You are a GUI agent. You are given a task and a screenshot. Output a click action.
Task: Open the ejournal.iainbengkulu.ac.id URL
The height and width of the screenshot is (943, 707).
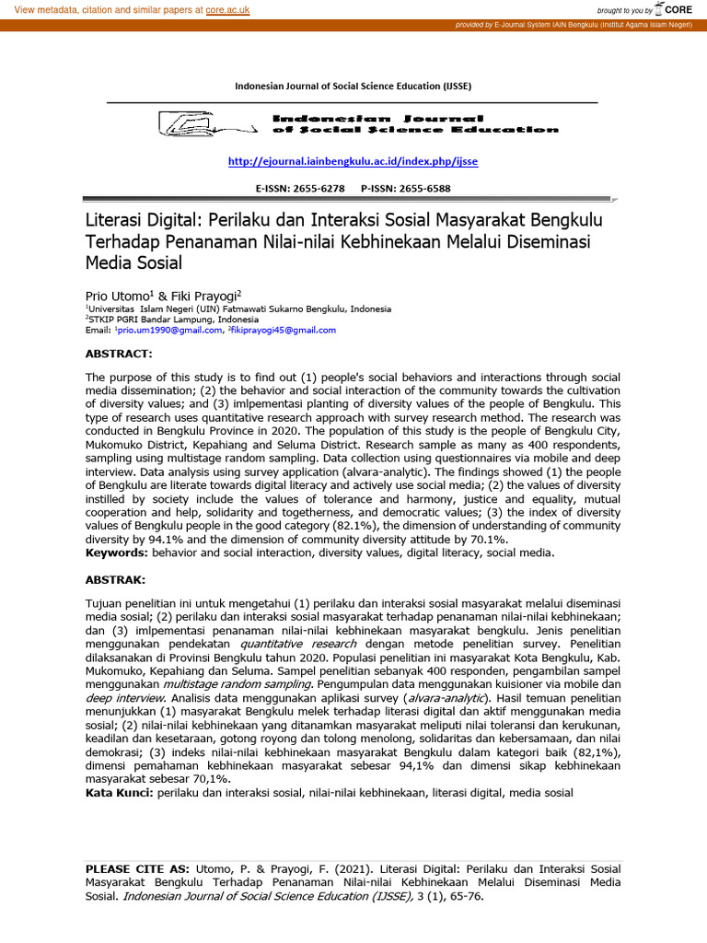pos(353,161)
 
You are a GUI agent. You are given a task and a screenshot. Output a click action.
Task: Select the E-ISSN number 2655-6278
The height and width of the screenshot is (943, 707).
pos(319,189)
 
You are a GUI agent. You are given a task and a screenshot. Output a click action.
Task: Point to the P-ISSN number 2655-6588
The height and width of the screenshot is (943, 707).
pos(419,189)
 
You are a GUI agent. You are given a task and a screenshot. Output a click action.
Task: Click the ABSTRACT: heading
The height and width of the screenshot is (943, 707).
pos(117,354)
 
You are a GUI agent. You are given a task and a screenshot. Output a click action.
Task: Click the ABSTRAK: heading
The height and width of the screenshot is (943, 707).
pos(115,580)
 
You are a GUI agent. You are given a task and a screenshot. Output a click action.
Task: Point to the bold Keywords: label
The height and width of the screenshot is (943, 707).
pos(117,553)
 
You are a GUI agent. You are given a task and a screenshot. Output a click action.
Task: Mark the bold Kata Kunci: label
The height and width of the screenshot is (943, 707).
pos(120,792)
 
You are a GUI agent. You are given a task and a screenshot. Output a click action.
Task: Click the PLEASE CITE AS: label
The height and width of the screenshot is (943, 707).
pos(137,867)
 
